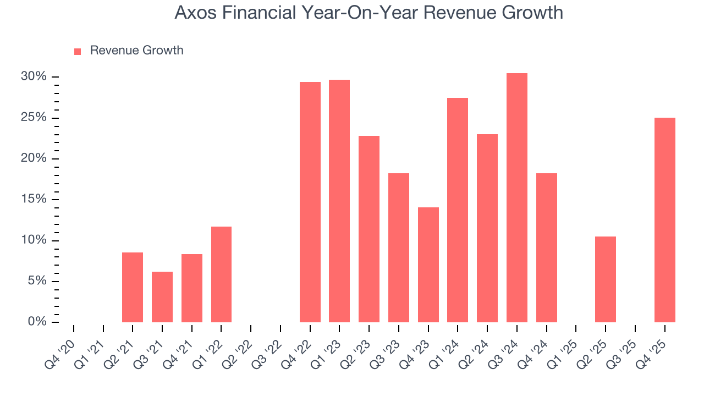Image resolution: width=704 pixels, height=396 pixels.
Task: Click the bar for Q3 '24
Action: (517, 198)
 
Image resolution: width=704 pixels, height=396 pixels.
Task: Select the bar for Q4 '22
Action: (310, 202)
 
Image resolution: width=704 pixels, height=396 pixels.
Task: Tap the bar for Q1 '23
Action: (339, 201)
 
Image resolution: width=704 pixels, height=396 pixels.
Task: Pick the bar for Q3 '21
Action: (162, 297)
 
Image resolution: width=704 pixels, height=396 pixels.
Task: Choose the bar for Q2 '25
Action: (606, 279)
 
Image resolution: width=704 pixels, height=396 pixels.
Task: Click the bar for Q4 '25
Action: (665, 220)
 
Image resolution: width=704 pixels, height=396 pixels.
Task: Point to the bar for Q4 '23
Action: (428, 265)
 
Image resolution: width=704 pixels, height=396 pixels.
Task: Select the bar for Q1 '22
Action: (221, 274)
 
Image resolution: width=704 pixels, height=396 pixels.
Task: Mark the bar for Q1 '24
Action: (458, 210)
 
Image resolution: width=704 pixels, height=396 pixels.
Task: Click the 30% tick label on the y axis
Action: (34, 76)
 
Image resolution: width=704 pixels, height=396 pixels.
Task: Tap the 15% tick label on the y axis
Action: (34, 199)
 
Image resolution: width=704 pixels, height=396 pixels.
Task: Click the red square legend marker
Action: (78, 51)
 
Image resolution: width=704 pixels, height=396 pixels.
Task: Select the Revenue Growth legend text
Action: (136, 51)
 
